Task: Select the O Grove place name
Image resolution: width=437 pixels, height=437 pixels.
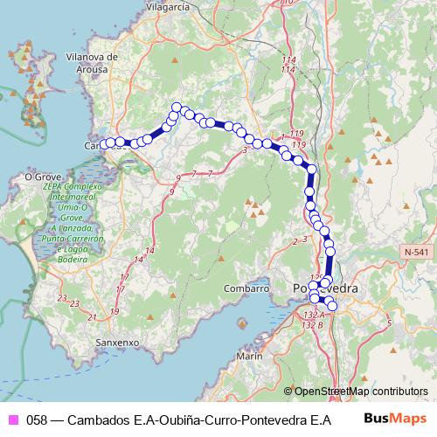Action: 40,176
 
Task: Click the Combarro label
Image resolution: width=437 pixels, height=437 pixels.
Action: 246,288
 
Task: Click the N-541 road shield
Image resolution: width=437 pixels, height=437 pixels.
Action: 417,252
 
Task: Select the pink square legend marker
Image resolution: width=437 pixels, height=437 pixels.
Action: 13,419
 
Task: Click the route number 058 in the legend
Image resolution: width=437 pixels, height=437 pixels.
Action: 37,419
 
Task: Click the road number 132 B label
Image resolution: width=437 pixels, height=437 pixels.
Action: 311,324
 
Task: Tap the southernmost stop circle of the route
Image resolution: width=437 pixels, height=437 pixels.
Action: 331,306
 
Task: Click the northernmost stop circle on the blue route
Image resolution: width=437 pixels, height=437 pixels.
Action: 177,108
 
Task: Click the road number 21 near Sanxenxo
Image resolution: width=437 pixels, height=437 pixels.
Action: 92,318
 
